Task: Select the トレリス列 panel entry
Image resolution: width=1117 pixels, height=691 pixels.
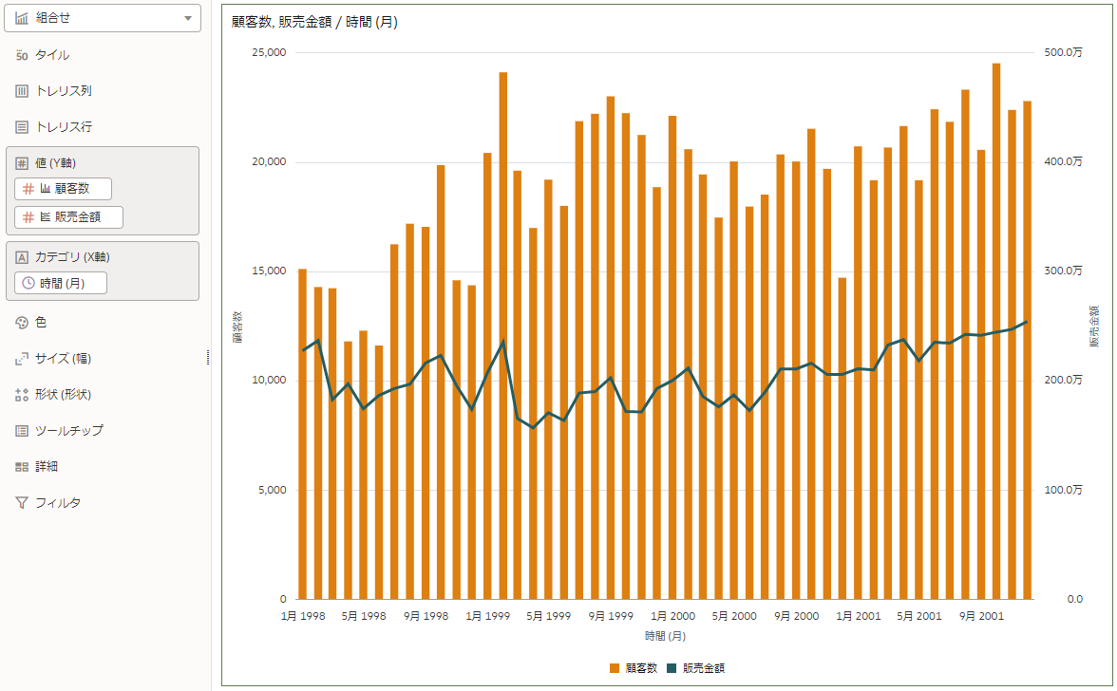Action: [63, 91]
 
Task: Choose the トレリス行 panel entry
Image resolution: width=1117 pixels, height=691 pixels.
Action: [63, 127]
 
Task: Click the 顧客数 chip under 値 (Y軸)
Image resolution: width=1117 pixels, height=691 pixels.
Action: [64, 189]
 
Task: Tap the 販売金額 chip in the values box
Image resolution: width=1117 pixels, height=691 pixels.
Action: [69, 217]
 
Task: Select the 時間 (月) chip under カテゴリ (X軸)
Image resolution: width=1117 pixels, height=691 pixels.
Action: [62, 283]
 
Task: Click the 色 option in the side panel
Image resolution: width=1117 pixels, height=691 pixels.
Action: [41, 323]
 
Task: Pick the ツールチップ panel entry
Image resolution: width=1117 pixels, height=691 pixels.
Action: [68, 431]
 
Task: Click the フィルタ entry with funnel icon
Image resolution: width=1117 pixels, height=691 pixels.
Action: [57, 503]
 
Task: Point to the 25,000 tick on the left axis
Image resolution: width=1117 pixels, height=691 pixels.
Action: [269, 53]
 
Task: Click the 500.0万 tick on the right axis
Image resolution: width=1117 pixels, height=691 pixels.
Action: [1063, 53]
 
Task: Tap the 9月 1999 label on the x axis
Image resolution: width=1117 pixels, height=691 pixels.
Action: [610, 616]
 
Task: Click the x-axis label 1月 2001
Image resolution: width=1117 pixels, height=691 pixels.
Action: [859, 616]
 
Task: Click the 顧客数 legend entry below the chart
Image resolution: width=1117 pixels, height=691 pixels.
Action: [634, 668]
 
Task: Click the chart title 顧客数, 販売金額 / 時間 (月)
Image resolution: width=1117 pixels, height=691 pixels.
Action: [314, 23]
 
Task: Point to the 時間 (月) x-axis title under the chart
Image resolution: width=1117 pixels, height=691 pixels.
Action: [665, 636]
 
